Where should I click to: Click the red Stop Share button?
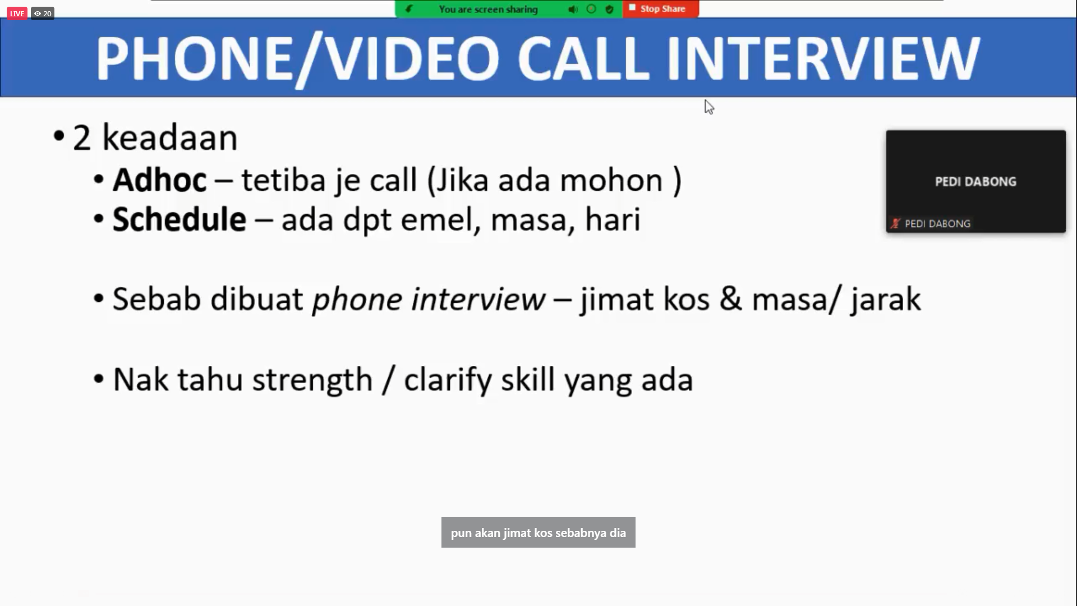tap(660, 9)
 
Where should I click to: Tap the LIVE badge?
tap(17, 13)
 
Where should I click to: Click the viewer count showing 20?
tap(43, 13)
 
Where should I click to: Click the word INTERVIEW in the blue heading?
tap(823, 58)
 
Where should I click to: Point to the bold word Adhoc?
tap(159, 180)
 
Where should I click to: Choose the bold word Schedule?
tap(179, 219)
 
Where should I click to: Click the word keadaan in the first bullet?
tap(170, 138)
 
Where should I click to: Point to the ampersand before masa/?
tap(731, 299)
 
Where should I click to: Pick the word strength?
tap(312, 380)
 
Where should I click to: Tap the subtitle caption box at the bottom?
tap(538, 532)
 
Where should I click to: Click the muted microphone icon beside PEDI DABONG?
tap(895, 223)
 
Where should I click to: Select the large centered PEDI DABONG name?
tap(975, 182)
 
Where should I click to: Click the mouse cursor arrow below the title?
tap(709, 107)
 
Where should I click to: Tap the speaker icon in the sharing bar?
tap(573, 10)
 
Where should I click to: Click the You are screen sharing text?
tap(488, 10)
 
